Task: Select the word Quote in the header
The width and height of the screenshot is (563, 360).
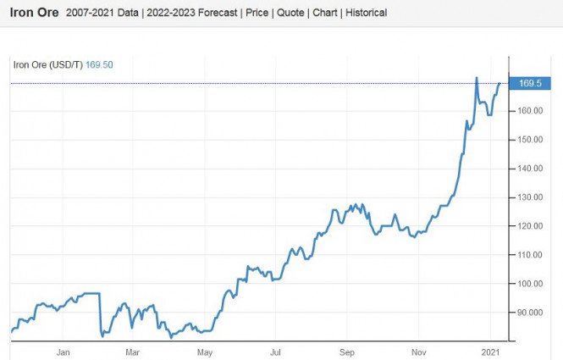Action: [x=285, y=14]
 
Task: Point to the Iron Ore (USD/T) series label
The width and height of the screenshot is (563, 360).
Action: [x=47, y=64]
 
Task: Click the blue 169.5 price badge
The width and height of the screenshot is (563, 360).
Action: [x=531, y=83]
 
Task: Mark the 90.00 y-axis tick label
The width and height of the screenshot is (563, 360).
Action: [x=531, y=313]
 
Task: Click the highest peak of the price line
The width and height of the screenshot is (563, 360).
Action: [x=477, y=78]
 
